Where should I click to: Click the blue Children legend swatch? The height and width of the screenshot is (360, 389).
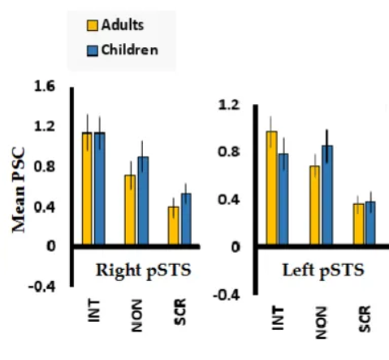point(93,50)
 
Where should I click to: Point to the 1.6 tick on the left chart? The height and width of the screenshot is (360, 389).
point(44,86)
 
